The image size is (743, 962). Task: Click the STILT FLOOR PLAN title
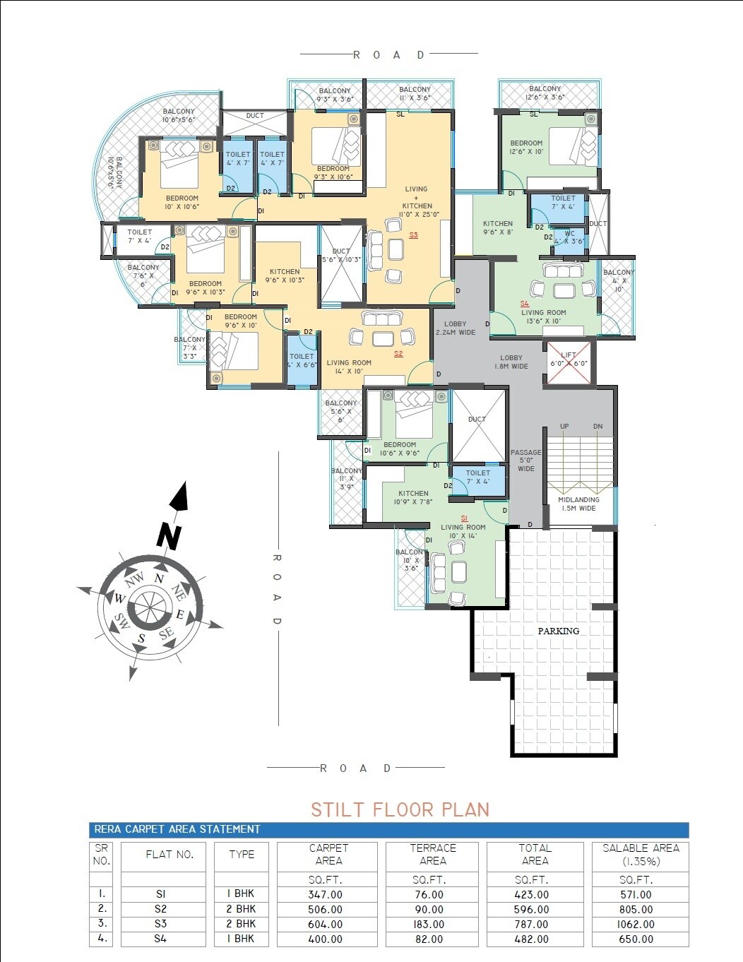[x=400, y=809]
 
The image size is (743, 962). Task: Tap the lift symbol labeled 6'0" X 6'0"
[x=569, y=363]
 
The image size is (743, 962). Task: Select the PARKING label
[x=558, y=631]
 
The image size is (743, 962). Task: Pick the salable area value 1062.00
[x=636, y=924]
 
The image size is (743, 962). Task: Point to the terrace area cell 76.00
[x=429, y=894]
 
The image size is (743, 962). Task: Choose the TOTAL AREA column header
[x=535, y=854]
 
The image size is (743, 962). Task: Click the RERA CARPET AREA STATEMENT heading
[x=177, y=829]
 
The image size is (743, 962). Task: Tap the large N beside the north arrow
[x=168, y=537]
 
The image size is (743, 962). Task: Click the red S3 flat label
[x=413, y=235]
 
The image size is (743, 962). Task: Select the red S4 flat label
[x=524, y=304]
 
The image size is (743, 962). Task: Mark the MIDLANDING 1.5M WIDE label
[x=578, y=504]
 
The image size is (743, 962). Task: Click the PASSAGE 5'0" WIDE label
[x=526, y=461]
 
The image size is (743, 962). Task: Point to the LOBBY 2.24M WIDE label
[x=456, y=328]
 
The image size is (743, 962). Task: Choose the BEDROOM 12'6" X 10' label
[x=526, y=147]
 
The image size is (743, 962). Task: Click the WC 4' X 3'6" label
[x=569, y=237]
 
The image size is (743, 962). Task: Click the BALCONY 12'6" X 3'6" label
[x=545, y=93]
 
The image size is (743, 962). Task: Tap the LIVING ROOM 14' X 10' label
[x=349, y=367]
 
